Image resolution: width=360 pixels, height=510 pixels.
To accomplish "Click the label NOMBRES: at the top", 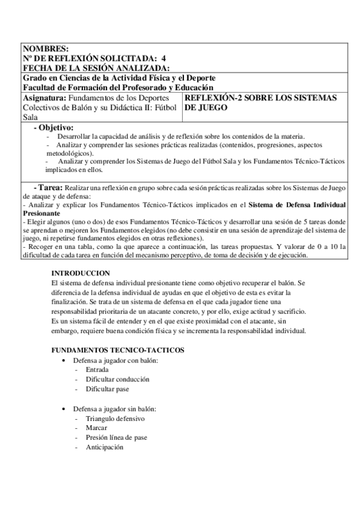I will (x=46, y=49).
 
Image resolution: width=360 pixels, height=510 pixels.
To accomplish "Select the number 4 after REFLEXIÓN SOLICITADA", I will (x=164, y=58).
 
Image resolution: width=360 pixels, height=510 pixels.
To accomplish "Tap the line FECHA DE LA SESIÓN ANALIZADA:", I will (x=96, y=68).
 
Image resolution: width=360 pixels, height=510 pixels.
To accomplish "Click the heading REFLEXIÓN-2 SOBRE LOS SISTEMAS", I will (x=260, y=97).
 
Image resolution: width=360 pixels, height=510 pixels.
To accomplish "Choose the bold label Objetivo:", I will (x=56, y=127).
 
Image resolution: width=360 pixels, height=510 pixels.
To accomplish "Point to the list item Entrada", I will (x=97, y=370).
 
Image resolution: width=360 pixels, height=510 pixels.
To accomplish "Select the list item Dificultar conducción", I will (x=118, y=379).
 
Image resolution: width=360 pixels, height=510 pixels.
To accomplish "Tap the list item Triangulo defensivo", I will (x=115, y=418).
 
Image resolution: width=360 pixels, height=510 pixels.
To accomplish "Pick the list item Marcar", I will (x=97, y=428).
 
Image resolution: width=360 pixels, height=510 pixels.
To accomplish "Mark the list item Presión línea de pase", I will (x=117, y=437).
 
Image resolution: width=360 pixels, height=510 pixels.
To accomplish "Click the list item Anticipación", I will (x=105, y=447).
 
